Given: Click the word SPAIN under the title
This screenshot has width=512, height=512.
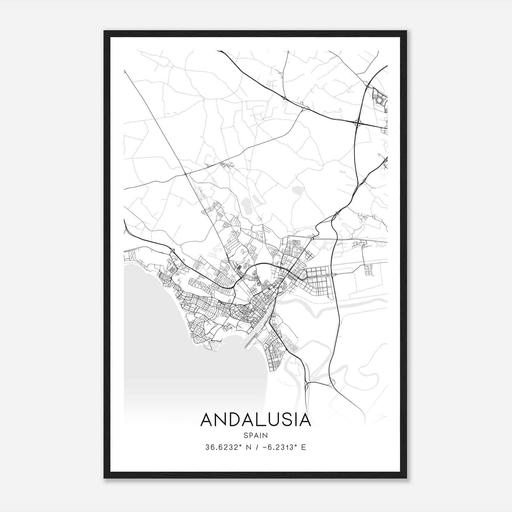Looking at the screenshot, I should pyautogui.click(x=255, y=435).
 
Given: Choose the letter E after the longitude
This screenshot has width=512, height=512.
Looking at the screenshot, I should pyautogui.click(x=304, y=447).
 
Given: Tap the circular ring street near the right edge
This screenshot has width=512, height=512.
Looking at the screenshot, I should pyautogui.click(x=380, y=100).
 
